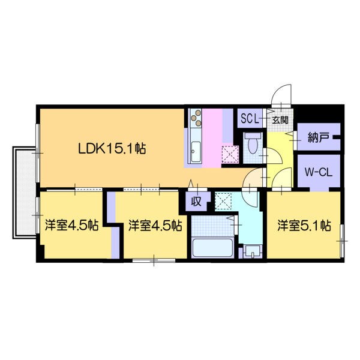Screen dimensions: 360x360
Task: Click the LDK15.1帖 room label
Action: [x=112, y=148]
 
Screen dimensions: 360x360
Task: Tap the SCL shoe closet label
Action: [x=250, y=118]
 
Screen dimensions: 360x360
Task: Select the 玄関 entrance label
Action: [x=280, y=119]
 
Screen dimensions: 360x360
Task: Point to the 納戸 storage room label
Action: [x=319, y=136]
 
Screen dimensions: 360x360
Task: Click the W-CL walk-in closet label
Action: [x=319, y=172]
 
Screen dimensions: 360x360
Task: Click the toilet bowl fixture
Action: [x=252, y=144]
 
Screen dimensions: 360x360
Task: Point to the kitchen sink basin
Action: [x=196, y=153]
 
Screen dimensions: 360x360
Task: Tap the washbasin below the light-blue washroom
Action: [x=253, y=251]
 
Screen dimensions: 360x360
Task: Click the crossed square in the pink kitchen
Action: [x=229, y=154]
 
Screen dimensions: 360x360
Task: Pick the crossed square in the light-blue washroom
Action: [x=223, y=200]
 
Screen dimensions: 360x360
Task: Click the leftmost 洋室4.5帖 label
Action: [x=71, y=226]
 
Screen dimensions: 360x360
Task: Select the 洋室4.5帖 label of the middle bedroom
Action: [x=155, y=226]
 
